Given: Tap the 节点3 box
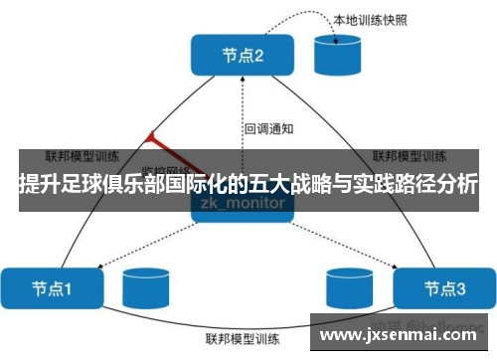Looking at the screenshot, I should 444,288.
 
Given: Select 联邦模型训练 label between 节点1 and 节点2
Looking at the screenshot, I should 83,156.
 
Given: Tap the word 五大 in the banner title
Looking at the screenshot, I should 290,185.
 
